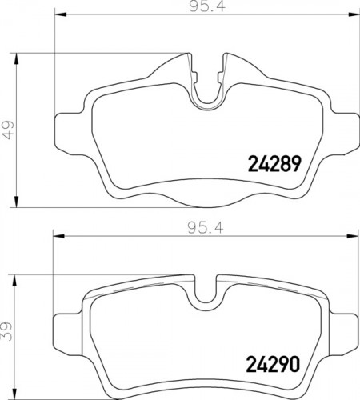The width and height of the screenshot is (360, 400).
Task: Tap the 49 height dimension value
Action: click(x=9, y=128)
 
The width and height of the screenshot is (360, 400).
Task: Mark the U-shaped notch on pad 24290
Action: click(x=206, y=296)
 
